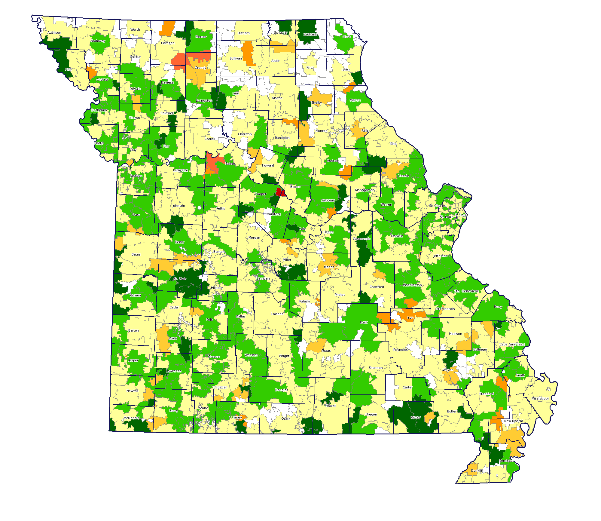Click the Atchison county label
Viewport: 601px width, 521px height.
(54, 33)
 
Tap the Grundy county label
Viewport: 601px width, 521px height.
(200, 68)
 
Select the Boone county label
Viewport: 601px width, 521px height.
(295, 187)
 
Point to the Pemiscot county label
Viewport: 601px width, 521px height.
(506, 461)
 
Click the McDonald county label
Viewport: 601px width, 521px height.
(132, 418)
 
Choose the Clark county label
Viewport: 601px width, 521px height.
(346, 37)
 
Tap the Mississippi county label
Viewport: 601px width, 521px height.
(540, 398)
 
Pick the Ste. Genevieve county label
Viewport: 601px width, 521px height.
(466, 291)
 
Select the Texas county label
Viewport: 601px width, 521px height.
(326, 351)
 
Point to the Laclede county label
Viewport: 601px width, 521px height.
(277, 314)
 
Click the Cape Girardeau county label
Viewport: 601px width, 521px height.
(512, 344)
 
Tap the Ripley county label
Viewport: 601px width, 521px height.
(416, 417)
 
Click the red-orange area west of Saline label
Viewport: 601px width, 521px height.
(213, 164)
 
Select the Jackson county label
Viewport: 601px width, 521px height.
(136, 176)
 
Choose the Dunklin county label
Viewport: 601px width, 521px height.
(477, 470)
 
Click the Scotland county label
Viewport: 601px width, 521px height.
(310, 34)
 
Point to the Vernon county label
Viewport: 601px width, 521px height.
(135, 295)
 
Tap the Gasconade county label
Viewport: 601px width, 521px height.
(362, 239)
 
